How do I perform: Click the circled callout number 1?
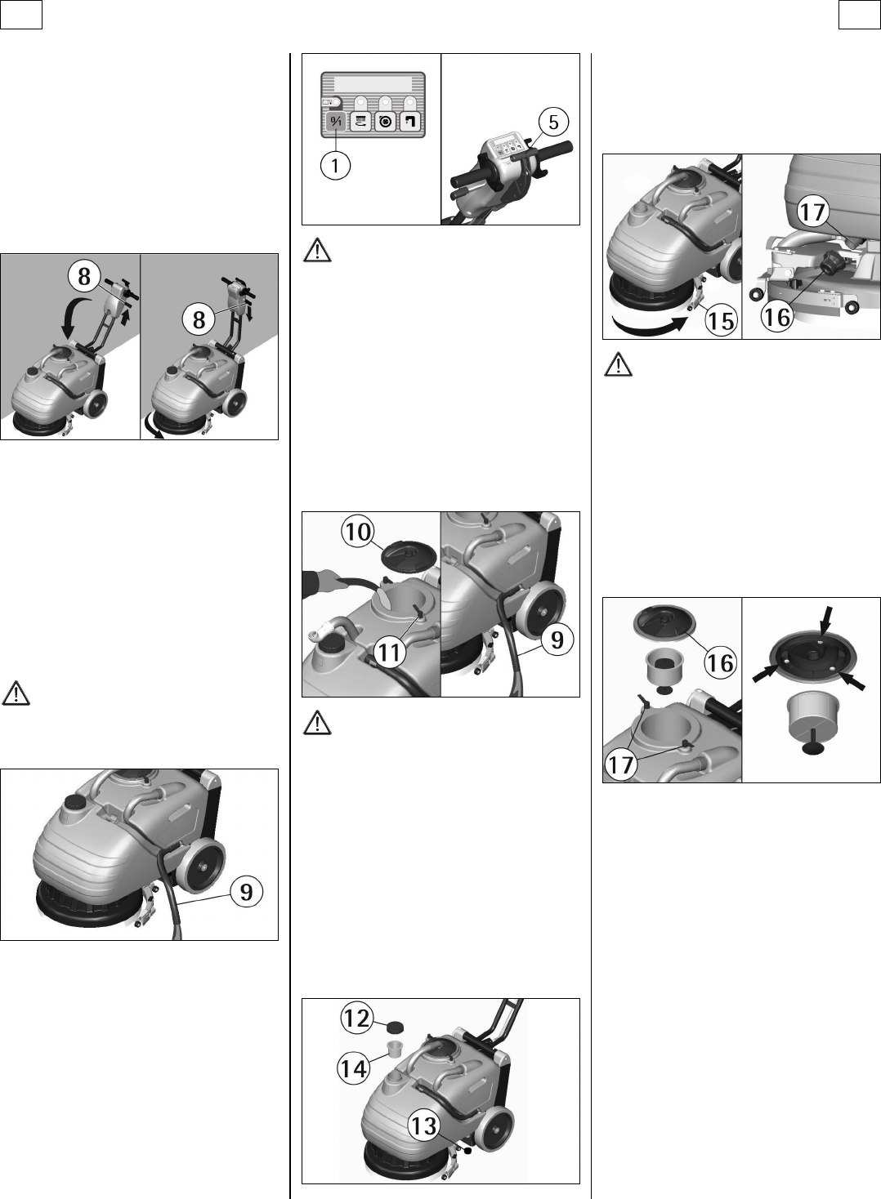point(335,166)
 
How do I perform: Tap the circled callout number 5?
point(553,122)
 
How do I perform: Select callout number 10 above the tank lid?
point(358,533)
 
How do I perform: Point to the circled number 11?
point(390,652)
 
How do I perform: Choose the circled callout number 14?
point(354,1069)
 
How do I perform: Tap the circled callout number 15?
point(722,321)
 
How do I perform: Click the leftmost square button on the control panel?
point(336,122)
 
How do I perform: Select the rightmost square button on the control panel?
point(410,122)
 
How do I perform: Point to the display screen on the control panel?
point(373,84)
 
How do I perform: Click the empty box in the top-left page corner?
point(21,15)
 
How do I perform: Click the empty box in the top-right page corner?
point(860,15)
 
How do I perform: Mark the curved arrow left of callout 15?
point(649,327)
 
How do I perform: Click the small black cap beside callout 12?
point(396,1027)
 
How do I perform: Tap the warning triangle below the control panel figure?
point(317,251)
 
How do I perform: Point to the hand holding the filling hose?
point(317,584)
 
